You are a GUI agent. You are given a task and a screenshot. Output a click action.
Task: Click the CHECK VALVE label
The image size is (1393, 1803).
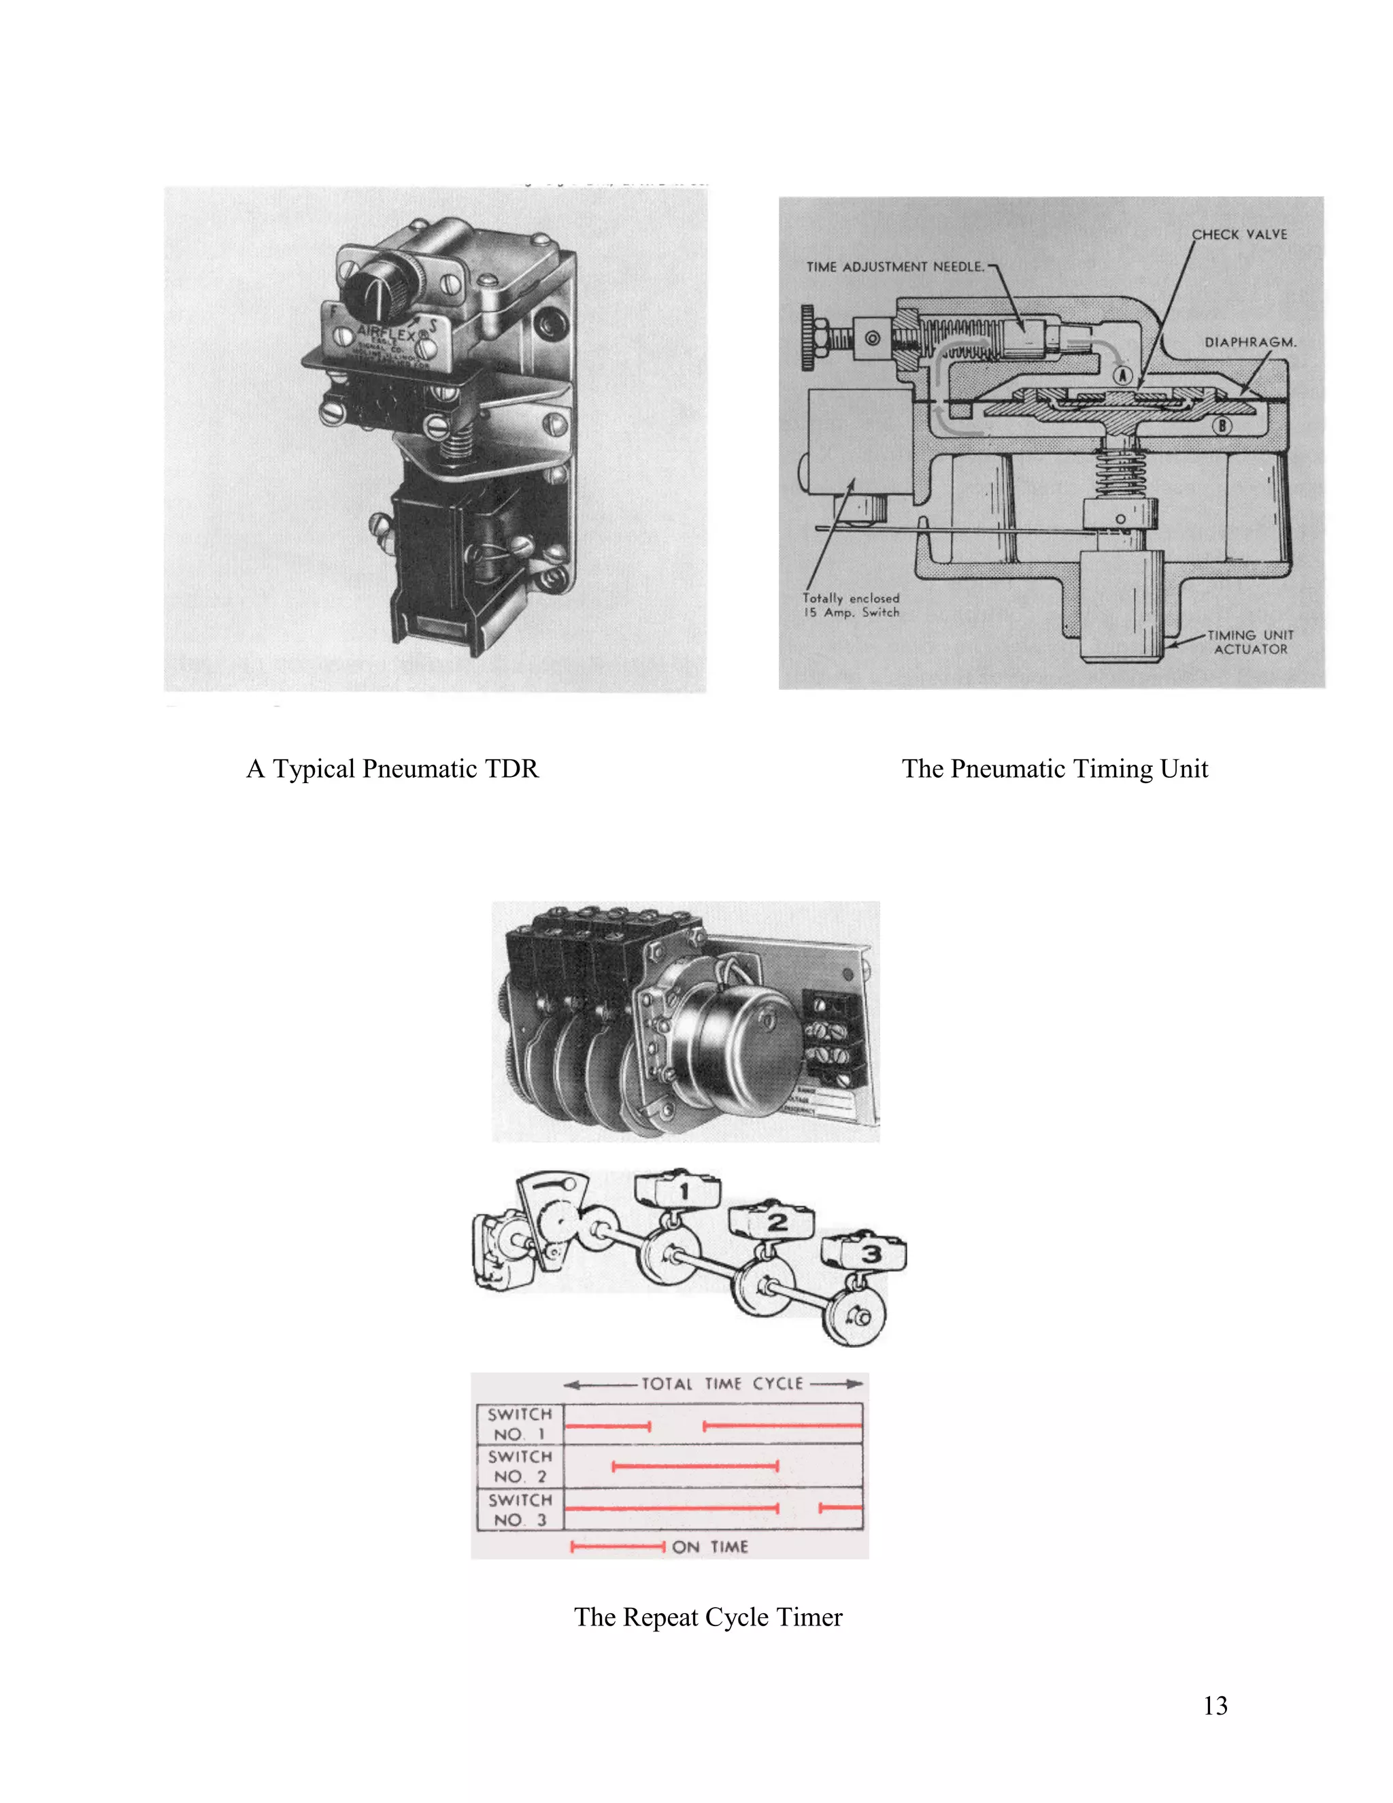[1239, 235]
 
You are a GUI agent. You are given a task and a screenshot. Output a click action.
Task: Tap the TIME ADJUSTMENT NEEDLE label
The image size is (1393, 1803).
[894, 267]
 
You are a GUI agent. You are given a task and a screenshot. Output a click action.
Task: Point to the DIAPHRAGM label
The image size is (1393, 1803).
[1249, 342]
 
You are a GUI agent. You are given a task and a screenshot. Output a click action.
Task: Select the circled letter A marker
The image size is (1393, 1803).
[1122, 376]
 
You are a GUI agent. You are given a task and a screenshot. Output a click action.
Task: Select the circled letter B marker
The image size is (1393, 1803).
[1222, 426]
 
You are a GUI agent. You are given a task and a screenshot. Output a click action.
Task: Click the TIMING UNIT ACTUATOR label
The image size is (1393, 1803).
[1250, 642]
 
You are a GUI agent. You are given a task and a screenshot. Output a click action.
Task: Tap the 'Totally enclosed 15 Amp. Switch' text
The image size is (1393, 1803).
[851, 605]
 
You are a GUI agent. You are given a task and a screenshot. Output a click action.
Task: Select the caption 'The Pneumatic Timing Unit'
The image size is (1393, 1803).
[1055, 769]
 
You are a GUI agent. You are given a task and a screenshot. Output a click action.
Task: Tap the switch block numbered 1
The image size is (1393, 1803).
[678, 1191]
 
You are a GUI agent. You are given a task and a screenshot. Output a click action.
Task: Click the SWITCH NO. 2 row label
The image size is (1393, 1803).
[519, 1466]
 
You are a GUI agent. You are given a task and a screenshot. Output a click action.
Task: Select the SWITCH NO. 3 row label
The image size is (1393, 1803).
[519, 1509]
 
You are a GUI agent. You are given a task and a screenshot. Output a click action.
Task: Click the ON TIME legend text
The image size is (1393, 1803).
[709, 1547]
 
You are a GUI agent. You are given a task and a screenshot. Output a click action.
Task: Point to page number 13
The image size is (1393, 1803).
[1215, 1706]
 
